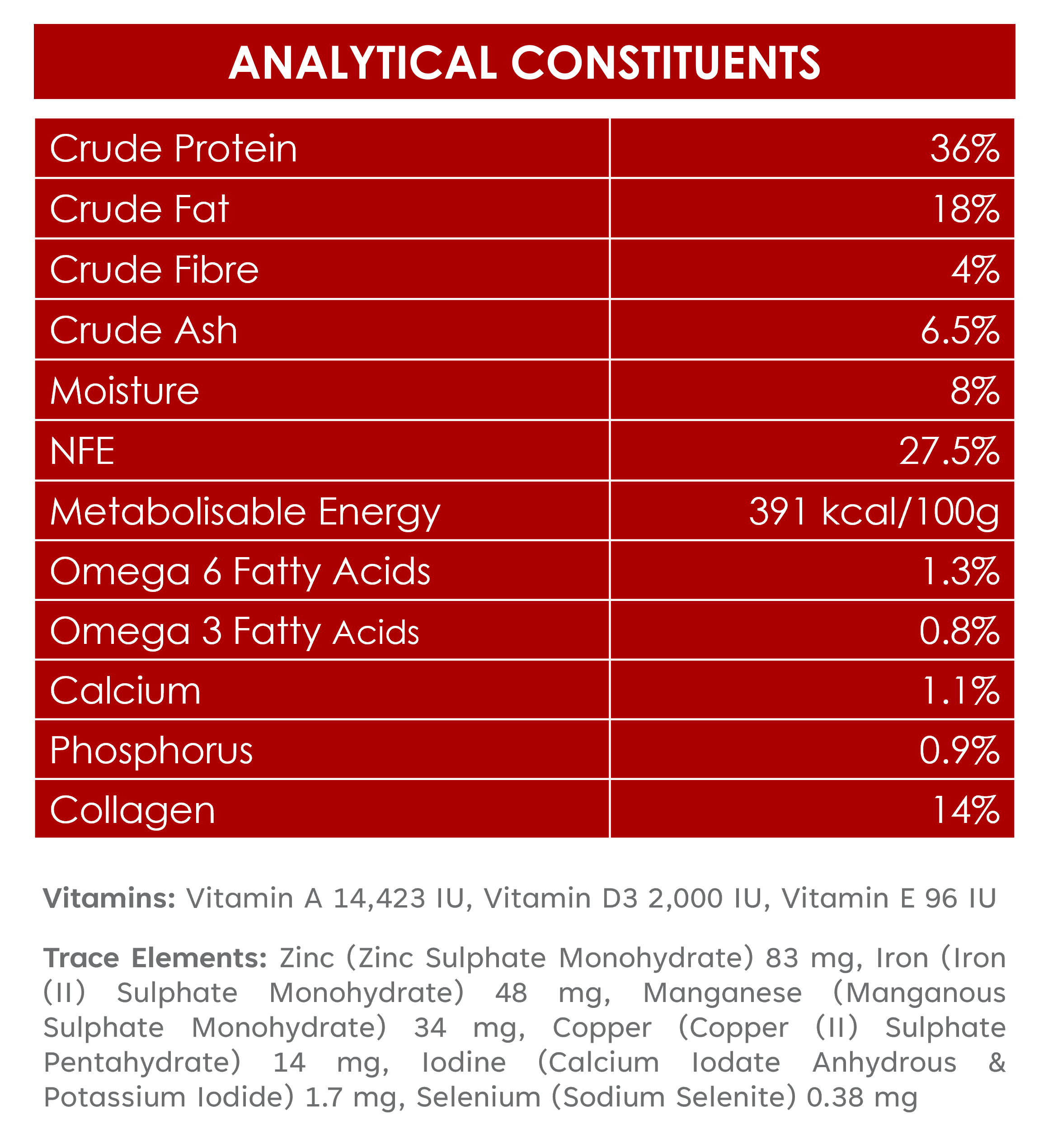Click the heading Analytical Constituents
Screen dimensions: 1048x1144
[x=524, y=62]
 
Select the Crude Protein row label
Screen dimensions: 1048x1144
[x=174, y=149]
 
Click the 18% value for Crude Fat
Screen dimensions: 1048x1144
[x=966, y=209]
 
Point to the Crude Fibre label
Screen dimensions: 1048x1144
[x=154, y=269]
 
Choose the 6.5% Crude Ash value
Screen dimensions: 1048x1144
[x=960, y=330]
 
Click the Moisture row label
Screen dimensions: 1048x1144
[x=125, y=391]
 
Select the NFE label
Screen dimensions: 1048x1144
[x=82, y=451]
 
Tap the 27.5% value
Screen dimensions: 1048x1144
[x=950, y=451]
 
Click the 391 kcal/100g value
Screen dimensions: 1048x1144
[x=874, y=512]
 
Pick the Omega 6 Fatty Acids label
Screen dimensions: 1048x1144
[x=240, y=572]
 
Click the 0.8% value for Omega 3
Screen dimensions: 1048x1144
[x=959, y=631]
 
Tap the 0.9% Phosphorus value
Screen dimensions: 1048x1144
[x=959, y=750]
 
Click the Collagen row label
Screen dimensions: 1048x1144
[x=133, y=811]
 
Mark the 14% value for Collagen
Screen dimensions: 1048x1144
[x=966, y=810]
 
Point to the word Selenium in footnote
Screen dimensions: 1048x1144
[x=479, y=1097]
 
